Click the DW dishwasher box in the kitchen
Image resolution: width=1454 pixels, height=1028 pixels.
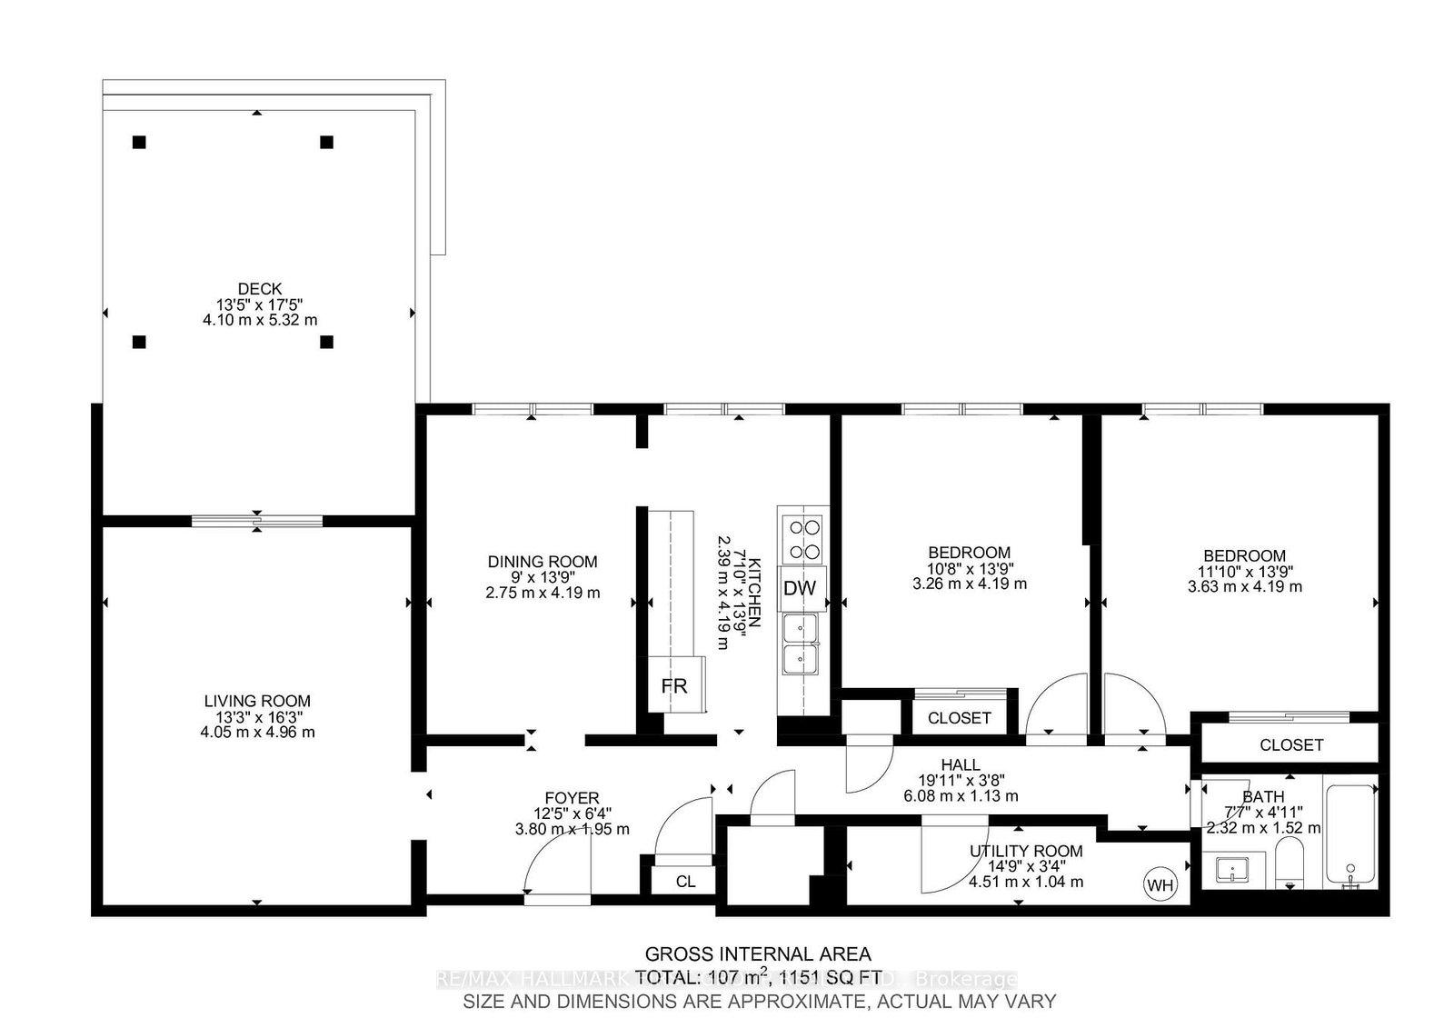(800, 588)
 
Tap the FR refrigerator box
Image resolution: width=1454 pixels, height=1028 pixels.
(674, 685)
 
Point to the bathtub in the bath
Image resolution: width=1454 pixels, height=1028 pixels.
(1351, 834)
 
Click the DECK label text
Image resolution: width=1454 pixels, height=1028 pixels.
(260, 289)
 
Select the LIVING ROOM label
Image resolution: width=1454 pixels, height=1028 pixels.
(257, 701)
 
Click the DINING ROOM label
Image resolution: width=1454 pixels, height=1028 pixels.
(543, 562)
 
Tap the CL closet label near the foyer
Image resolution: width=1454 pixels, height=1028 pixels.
(685, 882)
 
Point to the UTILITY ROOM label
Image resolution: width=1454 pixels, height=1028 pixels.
(1026, 851)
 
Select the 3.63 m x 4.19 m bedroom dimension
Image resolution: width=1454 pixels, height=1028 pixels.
(1244, 587)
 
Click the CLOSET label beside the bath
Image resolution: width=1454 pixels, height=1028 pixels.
(1290, 744)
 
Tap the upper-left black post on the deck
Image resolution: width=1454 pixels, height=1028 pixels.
(139, 142)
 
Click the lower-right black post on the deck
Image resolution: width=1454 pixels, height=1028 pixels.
(327, 342)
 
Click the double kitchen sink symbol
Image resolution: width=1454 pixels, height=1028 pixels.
(801, 643)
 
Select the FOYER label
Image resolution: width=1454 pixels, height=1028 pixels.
(572, 799)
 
